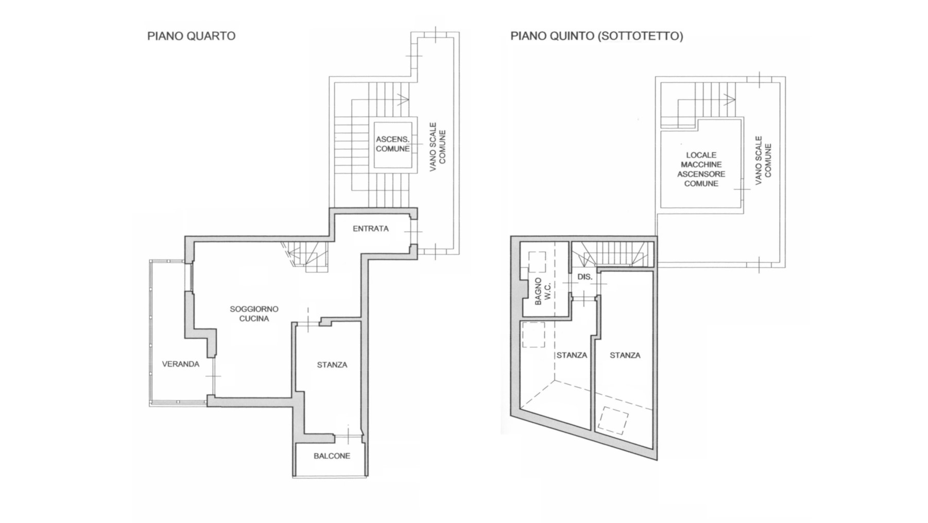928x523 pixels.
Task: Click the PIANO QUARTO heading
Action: coord(192,36)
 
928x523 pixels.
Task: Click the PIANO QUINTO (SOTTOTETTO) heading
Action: coord(597,36)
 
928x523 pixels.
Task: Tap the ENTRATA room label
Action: coord(371,229)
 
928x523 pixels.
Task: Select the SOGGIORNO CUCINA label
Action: coord(254,313)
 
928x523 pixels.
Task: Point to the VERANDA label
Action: coord(181,364)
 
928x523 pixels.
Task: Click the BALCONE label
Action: coord(332,456)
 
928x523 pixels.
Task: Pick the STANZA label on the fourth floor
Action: coord(332,365)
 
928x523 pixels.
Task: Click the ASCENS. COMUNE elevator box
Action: coord(393,144)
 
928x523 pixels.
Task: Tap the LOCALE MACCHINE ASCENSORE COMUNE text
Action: coord(701,169)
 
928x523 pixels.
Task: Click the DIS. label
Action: coord(585,277)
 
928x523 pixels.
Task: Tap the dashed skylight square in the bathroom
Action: coord(537,261)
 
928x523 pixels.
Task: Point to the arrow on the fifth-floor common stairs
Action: coord(729,98)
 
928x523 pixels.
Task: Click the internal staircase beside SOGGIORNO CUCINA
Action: coord(306,256)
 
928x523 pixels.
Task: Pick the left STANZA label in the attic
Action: coord(572,355)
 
